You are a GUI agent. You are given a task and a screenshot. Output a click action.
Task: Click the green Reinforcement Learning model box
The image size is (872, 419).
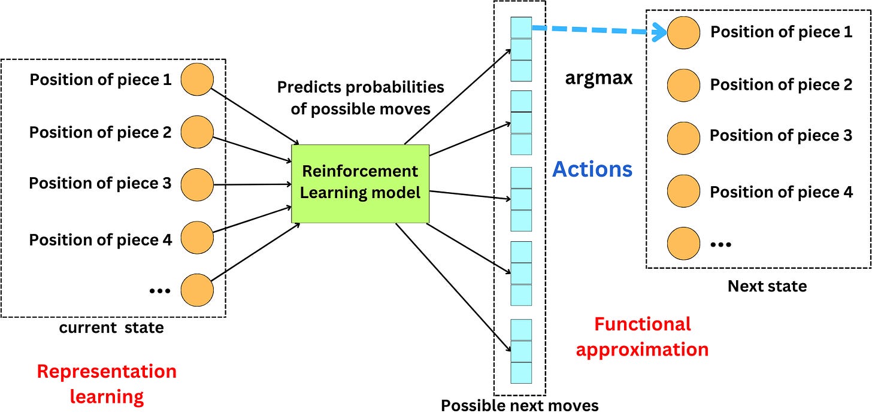(360, 183)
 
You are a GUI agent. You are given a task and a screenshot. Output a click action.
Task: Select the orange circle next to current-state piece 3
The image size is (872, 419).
(197, 184)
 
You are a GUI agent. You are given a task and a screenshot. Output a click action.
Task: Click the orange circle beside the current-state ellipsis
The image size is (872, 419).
(197, 290)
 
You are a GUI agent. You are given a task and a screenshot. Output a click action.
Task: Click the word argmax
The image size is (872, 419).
(598, 78)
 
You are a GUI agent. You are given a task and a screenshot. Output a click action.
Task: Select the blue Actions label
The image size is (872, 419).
(592, 169)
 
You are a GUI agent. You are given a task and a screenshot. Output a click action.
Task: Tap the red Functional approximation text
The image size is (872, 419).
(642, 336)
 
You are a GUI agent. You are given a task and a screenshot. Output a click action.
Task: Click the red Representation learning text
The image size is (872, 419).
(107, 384)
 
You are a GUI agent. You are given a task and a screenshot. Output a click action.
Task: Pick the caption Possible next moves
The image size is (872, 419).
(519, 406)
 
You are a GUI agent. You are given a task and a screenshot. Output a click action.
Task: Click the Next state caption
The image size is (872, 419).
(767, 286)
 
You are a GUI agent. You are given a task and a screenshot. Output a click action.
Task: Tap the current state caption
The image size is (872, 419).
(111, 328)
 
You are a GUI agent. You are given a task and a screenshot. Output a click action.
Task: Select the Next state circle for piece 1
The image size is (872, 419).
(683, 32)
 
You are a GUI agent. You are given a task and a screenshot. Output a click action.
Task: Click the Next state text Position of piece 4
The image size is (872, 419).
(781, 192)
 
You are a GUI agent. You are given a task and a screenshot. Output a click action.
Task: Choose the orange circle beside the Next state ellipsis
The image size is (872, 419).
(683, 243)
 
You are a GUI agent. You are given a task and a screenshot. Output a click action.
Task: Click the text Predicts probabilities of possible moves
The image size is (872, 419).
(360, 98)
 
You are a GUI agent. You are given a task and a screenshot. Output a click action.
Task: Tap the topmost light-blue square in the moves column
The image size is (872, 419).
(521, 28)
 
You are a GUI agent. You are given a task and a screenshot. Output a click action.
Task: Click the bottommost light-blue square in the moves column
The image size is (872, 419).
(521, 372)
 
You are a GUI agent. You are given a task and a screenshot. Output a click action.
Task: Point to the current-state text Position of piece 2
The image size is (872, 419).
(101, 132)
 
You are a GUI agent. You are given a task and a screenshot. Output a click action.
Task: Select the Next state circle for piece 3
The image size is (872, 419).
(683, 136)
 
